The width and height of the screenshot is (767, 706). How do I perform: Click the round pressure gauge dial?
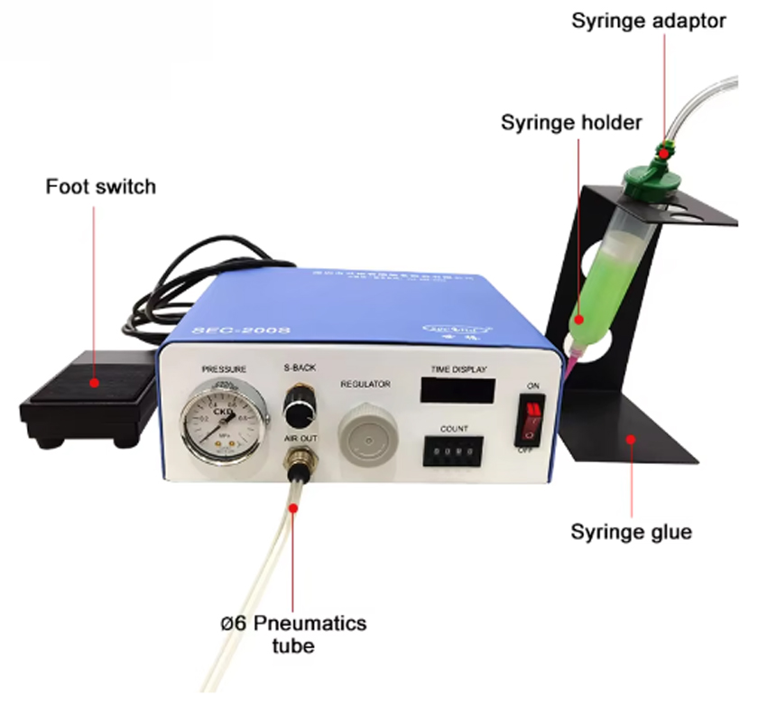pos(217,420)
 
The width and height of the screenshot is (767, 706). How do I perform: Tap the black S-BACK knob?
pos(296,410)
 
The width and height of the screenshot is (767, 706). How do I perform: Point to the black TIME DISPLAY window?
pos(457,391)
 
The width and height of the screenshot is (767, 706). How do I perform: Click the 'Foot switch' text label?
pos(101,187)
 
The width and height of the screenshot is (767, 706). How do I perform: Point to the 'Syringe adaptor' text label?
pos(649,20)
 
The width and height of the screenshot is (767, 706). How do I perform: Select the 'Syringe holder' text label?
pos(571,122)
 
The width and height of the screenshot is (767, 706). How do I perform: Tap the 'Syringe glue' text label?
pos(631,532)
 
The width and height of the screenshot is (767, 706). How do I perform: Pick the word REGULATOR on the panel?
pos(365,385)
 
